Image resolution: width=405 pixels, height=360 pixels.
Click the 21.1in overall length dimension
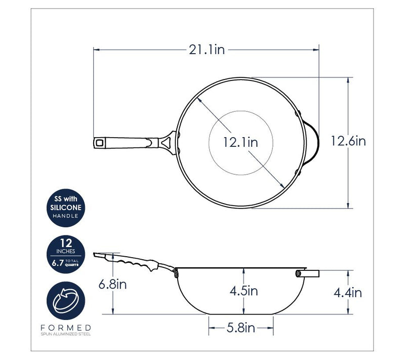click(x=207, y=50)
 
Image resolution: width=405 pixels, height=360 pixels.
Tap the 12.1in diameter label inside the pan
click(x=240, y=142)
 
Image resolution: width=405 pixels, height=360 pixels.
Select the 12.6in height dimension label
click(x=348, y=141)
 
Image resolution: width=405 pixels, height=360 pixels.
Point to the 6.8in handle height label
click(x=112, y=285)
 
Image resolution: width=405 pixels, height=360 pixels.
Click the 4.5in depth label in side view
click(x=244, y=291)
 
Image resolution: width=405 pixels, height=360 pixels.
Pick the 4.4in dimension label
click(x=348, y=293)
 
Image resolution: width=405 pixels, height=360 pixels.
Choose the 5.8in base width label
click(x=241, y=328)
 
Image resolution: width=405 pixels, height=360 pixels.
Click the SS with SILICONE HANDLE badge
click(x=66, y=208)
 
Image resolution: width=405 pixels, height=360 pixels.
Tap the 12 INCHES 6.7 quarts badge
click(x=66, y=254)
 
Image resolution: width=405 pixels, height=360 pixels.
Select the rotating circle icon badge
click(x=66, y=301)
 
